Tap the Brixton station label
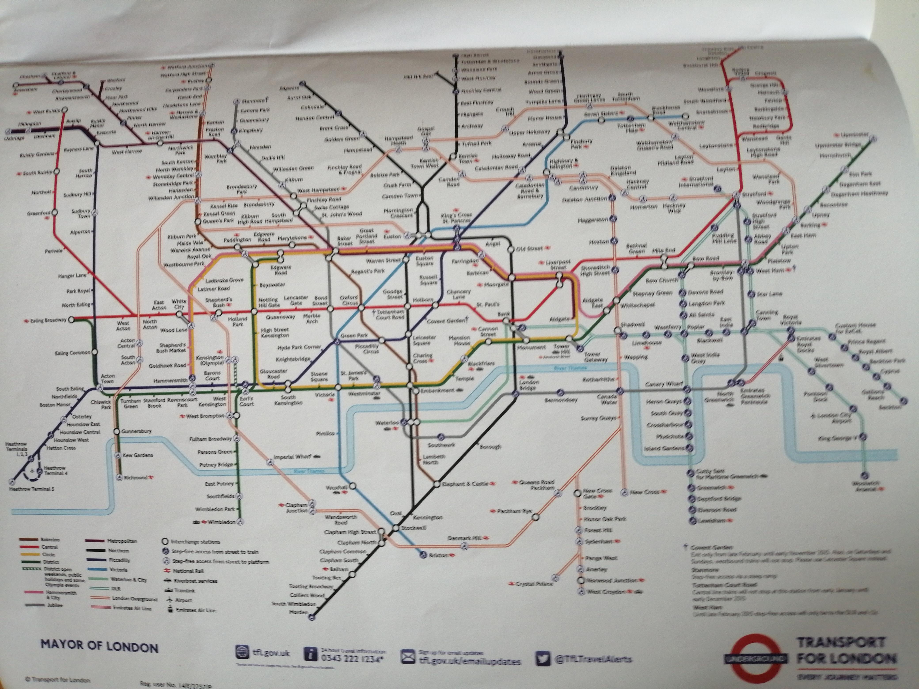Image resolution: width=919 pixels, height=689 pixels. (438, 555)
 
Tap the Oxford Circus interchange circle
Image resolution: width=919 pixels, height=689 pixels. (361, 308)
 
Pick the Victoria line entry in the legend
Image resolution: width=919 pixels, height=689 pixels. (119, 570)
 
